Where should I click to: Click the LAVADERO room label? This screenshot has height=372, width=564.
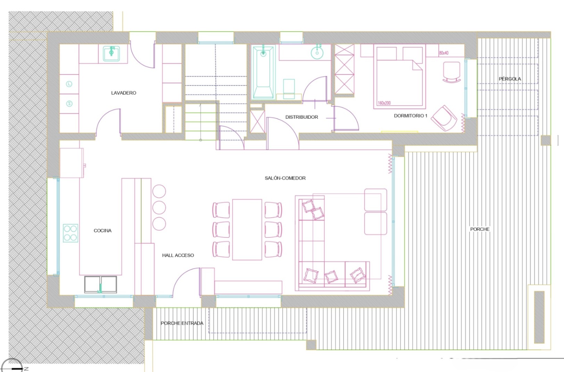124,93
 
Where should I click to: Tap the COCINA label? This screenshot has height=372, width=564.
102,230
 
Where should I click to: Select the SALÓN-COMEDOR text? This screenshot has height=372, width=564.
285,178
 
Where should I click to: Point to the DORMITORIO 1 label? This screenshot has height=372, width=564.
410,116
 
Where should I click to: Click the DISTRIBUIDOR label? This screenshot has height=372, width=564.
302,117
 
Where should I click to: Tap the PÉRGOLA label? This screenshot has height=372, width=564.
510,79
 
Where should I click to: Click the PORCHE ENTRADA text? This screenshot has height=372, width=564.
182,323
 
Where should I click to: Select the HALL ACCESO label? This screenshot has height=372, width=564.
178,255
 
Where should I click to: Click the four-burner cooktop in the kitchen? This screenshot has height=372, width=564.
70,233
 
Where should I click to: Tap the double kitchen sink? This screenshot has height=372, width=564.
101,285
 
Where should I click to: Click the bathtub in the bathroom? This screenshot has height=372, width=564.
263,72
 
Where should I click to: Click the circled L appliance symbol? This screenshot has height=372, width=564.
69,84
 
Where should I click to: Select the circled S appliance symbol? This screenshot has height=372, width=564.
69,103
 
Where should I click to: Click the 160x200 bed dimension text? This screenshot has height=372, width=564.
384,103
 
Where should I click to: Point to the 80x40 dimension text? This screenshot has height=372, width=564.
443,53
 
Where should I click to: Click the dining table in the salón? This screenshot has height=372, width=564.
247,230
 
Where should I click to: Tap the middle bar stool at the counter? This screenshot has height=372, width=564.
159,208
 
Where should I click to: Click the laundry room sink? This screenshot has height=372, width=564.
111,53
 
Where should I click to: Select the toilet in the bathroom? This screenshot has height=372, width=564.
289,89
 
